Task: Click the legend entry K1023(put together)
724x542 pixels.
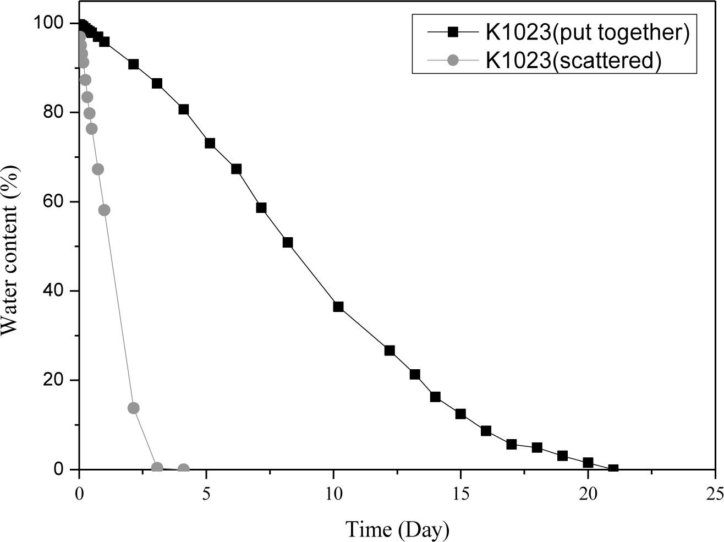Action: pos(587,32)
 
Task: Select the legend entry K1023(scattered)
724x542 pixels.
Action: pos(573,60)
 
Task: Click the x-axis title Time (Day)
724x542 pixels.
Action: pos(397,529)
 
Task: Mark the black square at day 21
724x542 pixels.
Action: pos(613,469)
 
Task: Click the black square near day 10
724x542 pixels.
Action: pos(338,306)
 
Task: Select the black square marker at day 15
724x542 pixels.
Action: pos(460,414)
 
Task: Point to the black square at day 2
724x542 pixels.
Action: pos(133,64)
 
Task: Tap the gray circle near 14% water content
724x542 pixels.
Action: pos(133,408)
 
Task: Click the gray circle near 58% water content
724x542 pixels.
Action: pos(105,210)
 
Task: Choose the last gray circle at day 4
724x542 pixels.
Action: pos(184,469)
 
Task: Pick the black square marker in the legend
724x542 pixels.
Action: pos(452,32)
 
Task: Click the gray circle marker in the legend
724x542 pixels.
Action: pos(452,60)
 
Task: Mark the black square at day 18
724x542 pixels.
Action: pos(537,447)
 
